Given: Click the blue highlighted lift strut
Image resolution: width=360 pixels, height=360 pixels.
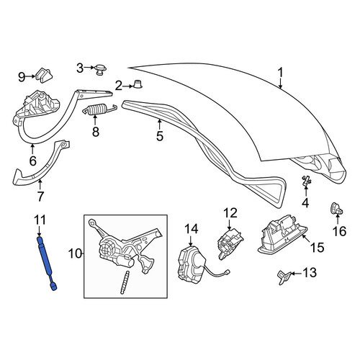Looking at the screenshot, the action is [47, 263].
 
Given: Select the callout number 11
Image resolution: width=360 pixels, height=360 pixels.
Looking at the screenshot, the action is [40, 220].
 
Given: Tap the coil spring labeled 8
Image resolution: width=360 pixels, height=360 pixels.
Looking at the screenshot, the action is [99, 109].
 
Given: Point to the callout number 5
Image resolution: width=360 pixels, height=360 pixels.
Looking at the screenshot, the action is [160, 136].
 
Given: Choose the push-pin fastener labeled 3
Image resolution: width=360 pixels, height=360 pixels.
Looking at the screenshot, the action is [101, 70].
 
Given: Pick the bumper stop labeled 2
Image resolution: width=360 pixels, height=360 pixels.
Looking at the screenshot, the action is [138, 84].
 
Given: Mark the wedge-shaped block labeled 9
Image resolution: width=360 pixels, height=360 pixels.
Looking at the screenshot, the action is [44, 75].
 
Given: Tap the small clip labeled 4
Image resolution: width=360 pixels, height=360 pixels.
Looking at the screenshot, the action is [306, 181].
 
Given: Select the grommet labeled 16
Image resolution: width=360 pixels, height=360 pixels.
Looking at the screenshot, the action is [336, 208].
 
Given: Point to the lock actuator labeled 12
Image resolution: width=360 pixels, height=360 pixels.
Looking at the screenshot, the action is [230, 243].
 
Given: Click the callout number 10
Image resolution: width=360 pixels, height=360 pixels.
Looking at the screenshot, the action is [75, 253].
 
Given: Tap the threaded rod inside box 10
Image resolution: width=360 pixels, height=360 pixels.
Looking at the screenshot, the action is [125, 282].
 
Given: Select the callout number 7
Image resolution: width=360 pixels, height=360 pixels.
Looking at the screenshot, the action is [40, 196].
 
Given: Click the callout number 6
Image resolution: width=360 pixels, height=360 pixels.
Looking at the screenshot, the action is [33, 161].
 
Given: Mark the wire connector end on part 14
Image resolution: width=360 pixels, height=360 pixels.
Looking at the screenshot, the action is [228, 272].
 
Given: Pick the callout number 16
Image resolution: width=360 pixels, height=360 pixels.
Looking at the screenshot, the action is [340, 231].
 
